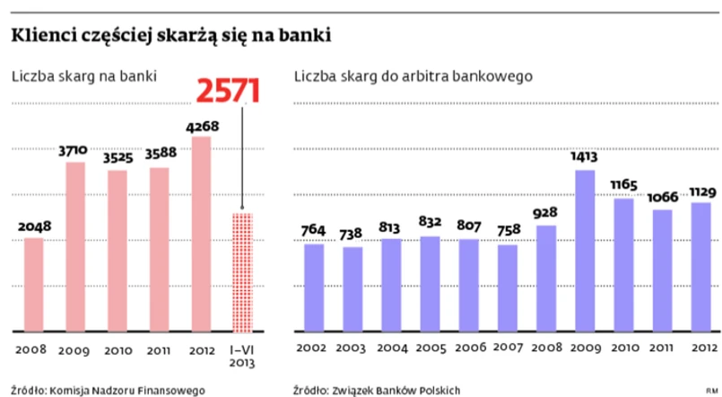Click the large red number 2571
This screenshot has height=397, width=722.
[x=228, y=92]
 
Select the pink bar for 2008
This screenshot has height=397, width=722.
[x=33, y=283]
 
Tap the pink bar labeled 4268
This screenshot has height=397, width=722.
[x=201, y=233]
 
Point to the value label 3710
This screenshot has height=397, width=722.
[x=74, y=150]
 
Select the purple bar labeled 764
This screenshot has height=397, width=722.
[x=314, y=287]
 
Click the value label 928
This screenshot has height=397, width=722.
[x=546, y=213]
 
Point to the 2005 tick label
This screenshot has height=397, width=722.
[x=430, y=348]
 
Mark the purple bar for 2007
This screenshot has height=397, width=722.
[x=507, y=287]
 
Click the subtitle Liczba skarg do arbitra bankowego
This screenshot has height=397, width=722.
[x=413, y=76]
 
